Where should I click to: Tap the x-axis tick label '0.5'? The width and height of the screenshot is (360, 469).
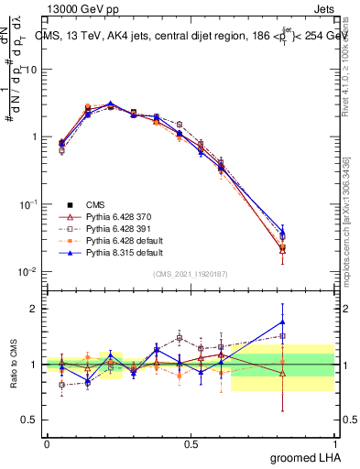[x=191, y=442]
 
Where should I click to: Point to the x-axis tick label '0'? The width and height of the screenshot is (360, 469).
[x=47, y=442]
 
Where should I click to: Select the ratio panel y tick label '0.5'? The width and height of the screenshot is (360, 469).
[x=29, y=420]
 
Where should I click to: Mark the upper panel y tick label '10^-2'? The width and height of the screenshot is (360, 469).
[x=27, y=271]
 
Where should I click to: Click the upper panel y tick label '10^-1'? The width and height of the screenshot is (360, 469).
[x=27, y=203]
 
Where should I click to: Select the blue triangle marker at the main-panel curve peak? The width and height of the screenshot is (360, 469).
[x=111, y=104]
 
